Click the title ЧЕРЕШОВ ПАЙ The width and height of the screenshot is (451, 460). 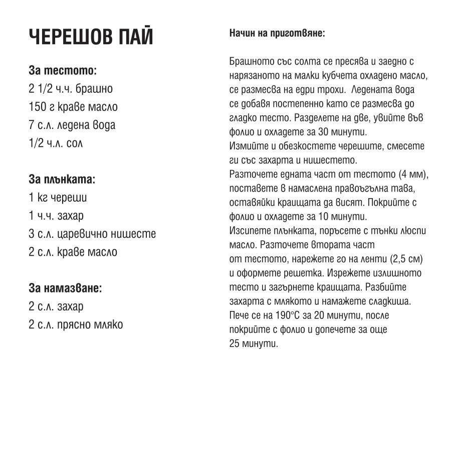[91, 37]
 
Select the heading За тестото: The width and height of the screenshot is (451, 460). [63, 71]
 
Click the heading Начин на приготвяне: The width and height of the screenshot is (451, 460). [277, 34]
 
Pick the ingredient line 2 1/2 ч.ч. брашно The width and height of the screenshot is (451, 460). [71, 89]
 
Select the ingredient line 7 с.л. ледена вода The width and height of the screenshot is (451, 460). [72, 125]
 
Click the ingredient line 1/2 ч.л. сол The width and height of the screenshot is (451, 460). [56, 143]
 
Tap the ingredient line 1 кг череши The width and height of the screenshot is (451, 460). [58, 198]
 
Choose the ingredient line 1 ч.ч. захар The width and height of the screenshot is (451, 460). [56, 216]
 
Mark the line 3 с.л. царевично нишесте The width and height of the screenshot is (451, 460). [92, 234]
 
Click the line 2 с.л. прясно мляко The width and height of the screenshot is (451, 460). [76, 324]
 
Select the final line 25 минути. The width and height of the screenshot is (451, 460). [253, 344]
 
